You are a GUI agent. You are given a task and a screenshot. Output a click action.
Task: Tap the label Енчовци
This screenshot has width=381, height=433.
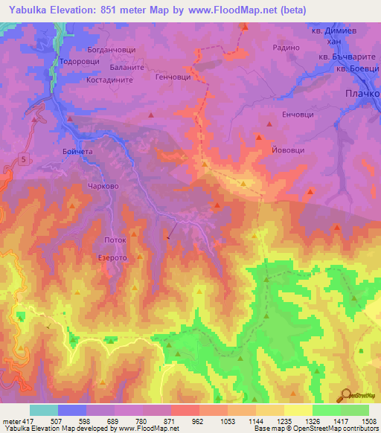298,115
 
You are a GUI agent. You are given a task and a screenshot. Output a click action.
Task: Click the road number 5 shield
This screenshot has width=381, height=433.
24,158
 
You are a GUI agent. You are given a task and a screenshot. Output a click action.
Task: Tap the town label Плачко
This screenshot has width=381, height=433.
362,94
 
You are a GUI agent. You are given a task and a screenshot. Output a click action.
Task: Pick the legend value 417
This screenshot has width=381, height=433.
21,421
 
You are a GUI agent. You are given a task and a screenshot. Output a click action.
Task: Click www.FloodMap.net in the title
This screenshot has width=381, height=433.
243,10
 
